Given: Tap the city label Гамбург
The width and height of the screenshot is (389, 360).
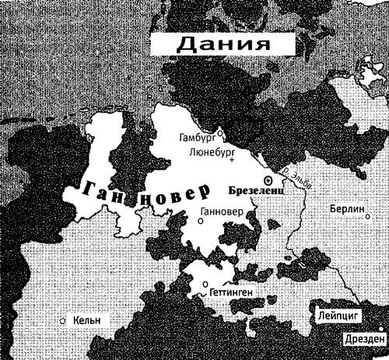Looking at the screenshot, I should [197, 138].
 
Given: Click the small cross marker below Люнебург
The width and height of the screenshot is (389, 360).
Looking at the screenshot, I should [231, 160].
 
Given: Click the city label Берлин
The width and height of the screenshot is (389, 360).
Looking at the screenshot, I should [345, 210].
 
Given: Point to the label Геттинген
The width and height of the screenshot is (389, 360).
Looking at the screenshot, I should [230, 294].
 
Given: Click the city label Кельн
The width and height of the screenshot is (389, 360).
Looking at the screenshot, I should [86, 320].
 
